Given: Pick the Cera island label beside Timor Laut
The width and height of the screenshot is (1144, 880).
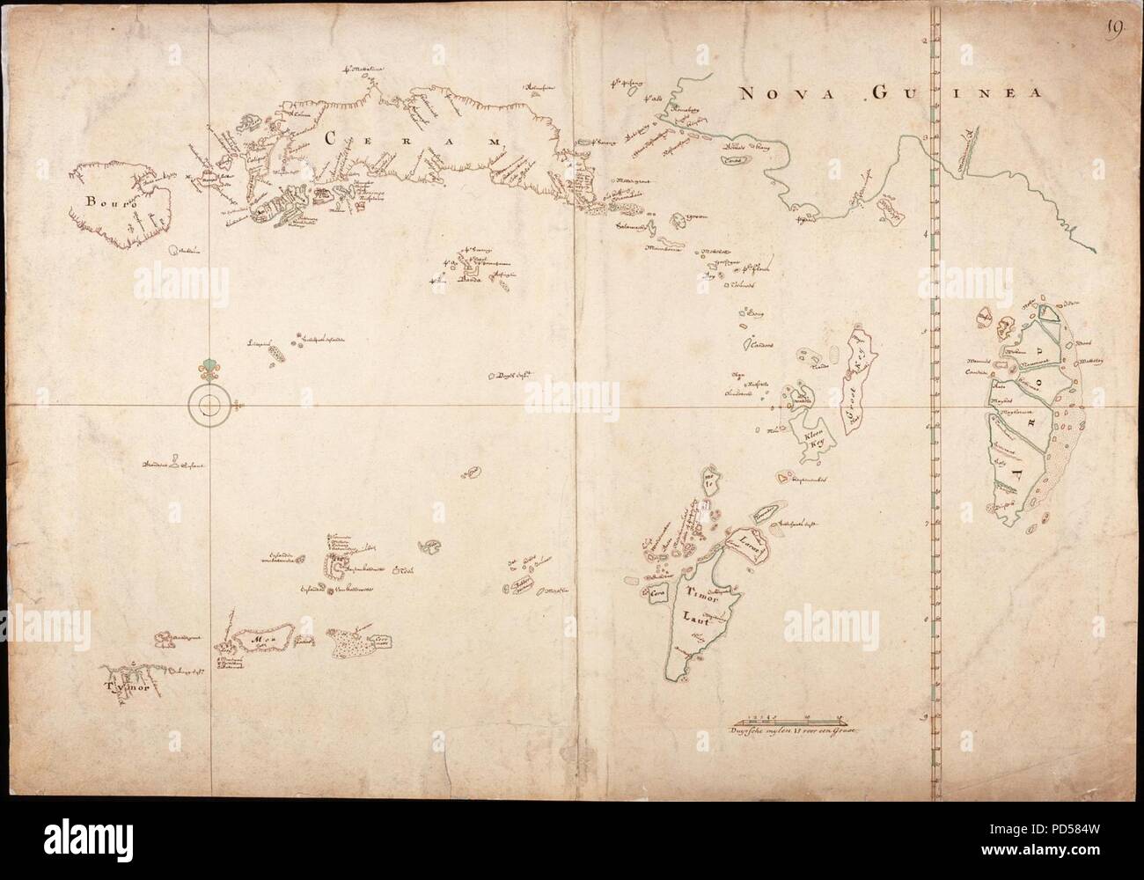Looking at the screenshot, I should pyautogui.click(x=656, y=592).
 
